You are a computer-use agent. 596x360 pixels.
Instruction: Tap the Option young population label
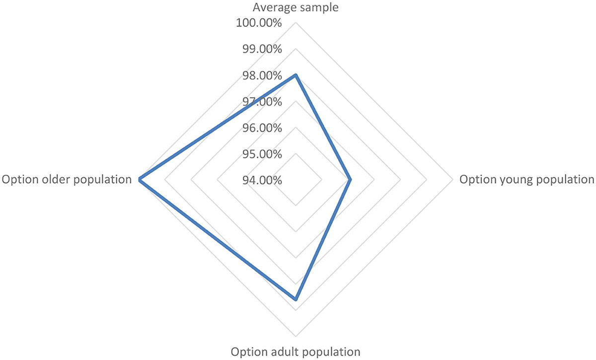526,179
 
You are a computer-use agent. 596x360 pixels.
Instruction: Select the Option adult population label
296,352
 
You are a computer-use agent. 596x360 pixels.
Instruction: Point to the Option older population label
67,179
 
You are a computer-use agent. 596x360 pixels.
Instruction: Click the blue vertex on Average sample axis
296,75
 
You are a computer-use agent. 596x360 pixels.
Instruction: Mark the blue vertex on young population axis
351,179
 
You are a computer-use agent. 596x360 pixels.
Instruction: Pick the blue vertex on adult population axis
296,299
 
